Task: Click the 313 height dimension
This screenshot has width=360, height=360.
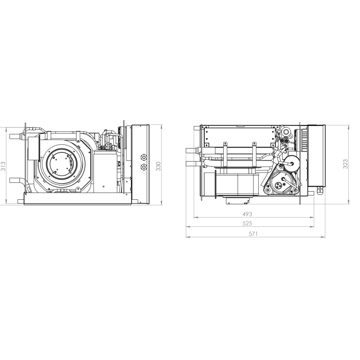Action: pos(3,166)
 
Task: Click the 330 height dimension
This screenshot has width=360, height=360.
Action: pos(158,166)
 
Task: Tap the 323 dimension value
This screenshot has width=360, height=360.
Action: pos(346,164)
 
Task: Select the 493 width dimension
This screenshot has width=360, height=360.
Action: pos(247,214)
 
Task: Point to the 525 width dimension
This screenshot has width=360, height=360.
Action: pos(247,223)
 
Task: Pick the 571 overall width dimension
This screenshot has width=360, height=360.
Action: pos(253,234)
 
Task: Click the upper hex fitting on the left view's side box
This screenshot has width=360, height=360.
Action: pos(144,157)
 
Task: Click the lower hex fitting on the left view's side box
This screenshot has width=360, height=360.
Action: pos(144,167)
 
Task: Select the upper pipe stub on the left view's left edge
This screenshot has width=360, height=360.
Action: pos(17,136)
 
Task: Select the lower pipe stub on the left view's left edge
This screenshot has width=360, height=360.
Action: pos(17,180)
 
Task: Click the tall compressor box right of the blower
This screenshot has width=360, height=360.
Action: pos(105,171)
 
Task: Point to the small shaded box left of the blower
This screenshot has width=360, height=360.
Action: pos(33,148)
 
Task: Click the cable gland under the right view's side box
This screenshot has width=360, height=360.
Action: pos(320,191)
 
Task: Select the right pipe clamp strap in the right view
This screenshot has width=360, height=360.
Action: pos(254,154)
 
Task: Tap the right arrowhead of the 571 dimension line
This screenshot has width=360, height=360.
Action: pos(324,237)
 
